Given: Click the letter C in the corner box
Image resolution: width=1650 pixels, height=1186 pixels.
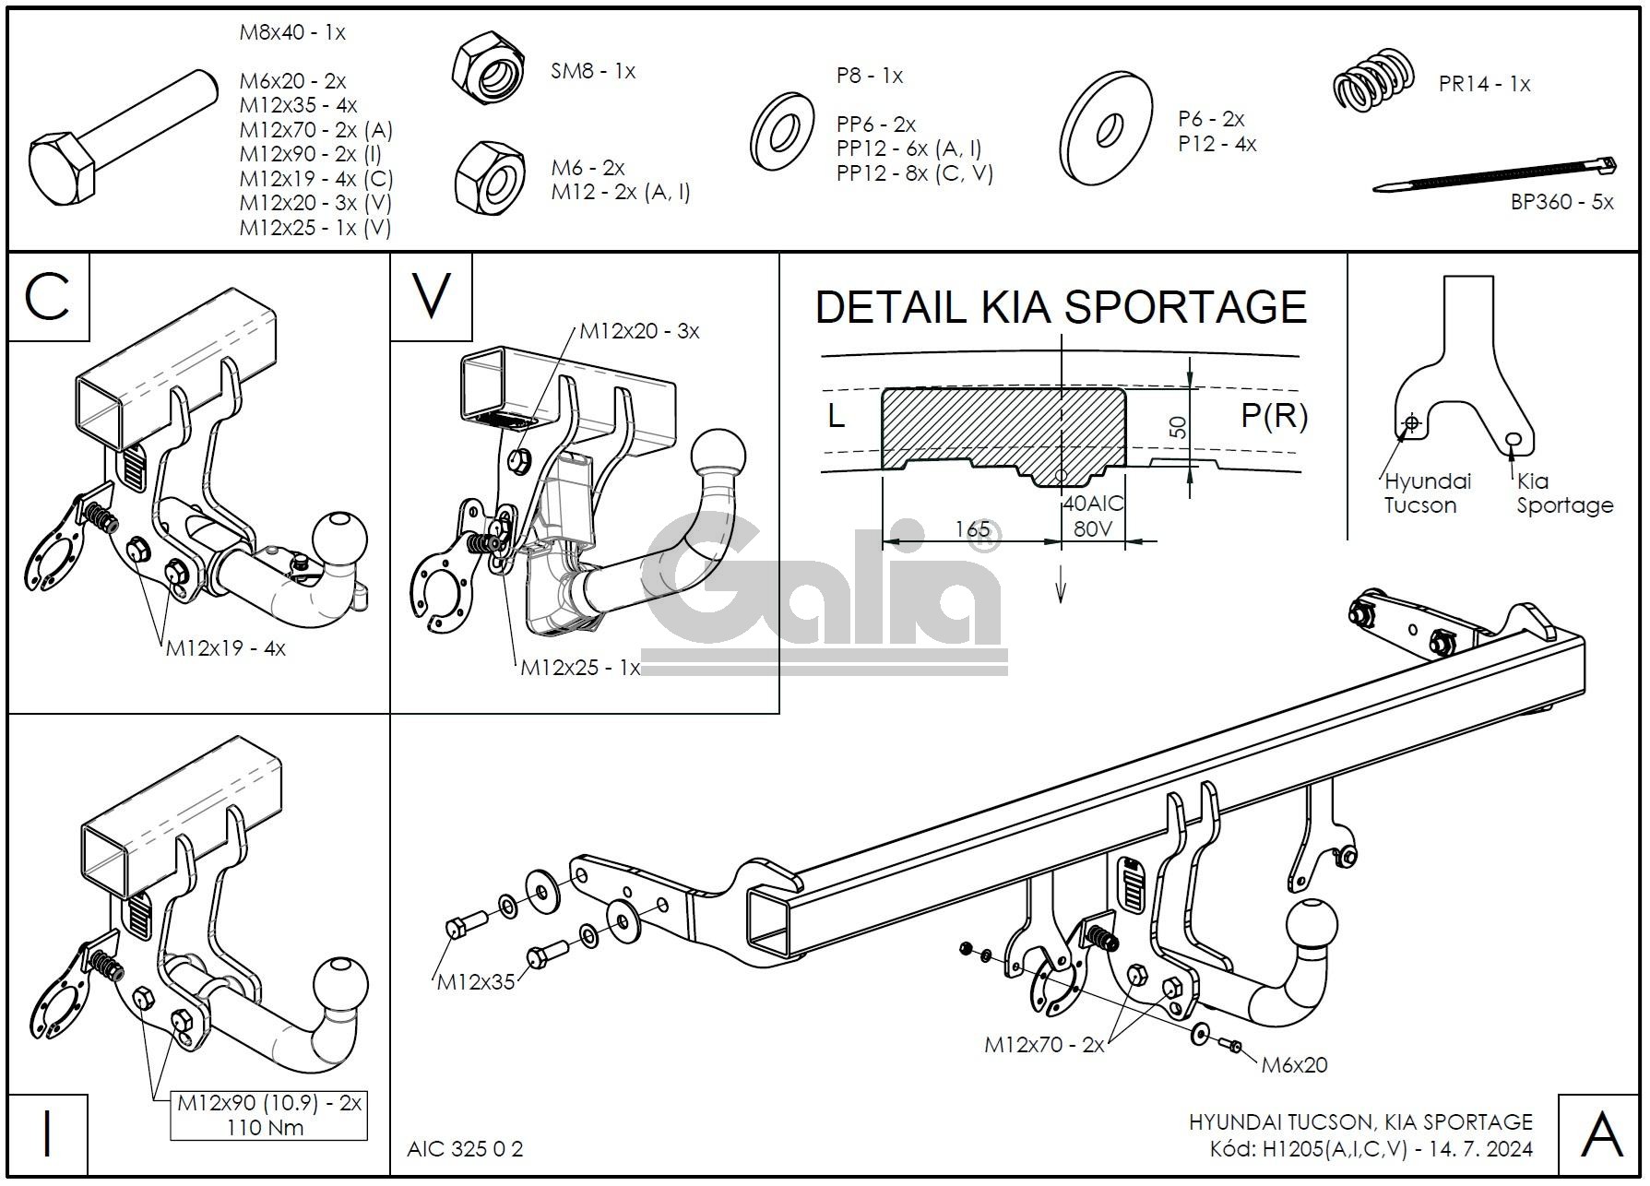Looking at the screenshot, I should click(x=48, y=297).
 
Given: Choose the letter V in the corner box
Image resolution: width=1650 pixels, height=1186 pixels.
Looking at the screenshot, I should click(x=431, y=295).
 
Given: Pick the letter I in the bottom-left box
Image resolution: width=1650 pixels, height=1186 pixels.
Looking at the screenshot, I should click(x=47, y=1134).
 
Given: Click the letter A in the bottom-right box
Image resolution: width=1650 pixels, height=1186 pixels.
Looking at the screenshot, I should click(x=1601, y=1135).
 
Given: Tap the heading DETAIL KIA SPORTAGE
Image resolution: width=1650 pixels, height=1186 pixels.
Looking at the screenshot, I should click(x=1061, y=306).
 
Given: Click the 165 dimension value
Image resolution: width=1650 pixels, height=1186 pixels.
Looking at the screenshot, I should click(x=972, y=529).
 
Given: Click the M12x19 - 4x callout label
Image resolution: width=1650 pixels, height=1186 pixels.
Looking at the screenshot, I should click(x=226, y=648).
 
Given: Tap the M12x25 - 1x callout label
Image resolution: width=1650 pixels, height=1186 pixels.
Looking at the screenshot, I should click(x=580, y=668).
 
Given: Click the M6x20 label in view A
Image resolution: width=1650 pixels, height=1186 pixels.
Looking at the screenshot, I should click(x=1294, y=1065).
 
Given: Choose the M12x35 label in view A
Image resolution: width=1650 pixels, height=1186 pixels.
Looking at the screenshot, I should click(x=476, y=982).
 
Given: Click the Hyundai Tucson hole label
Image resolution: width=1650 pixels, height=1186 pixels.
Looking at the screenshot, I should click(x=1428, y=493).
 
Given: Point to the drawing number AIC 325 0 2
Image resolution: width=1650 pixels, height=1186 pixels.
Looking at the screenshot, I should click(x=465, y=1149).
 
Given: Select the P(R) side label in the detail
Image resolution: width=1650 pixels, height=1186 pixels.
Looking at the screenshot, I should click(x=1274, y=416).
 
